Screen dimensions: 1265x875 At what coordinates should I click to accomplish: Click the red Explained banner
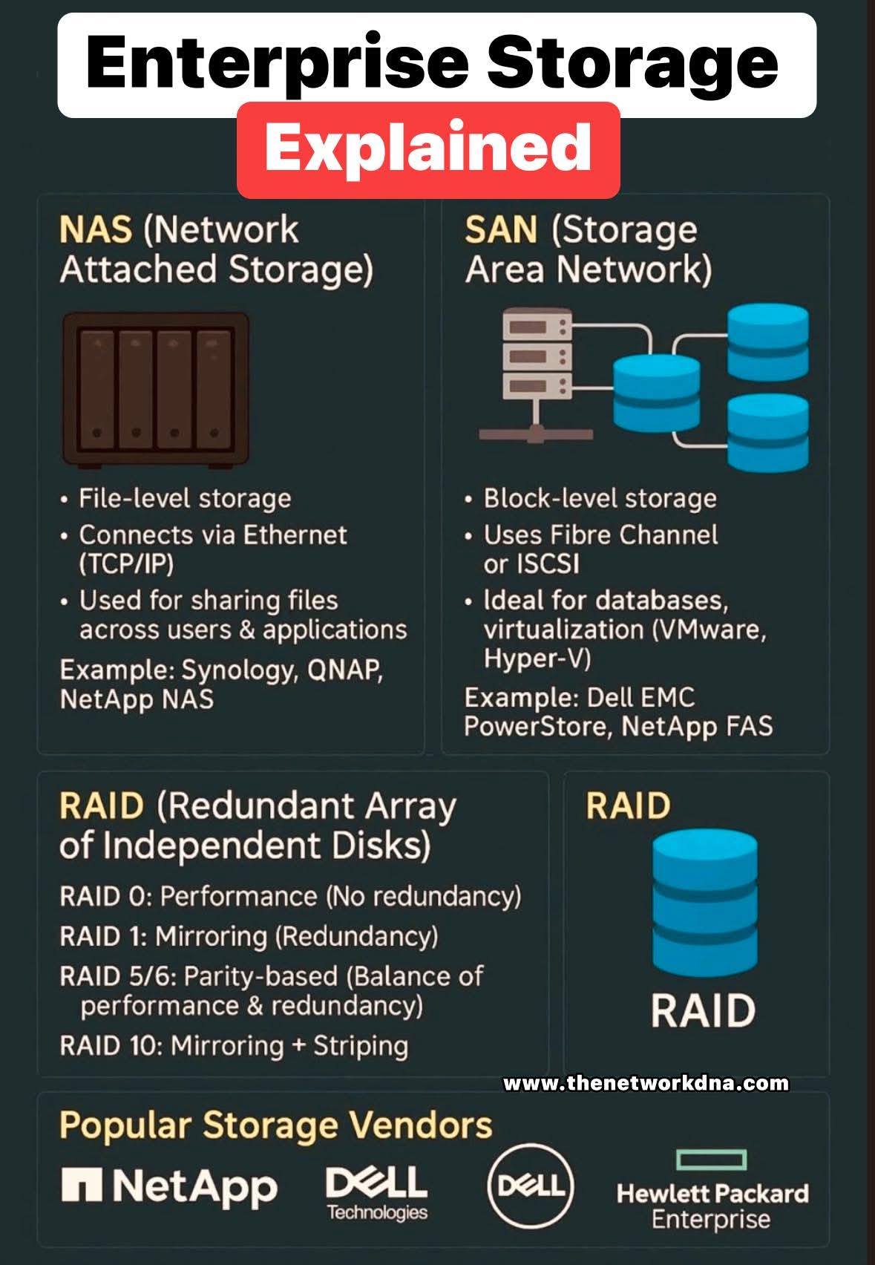(x=428, y=148)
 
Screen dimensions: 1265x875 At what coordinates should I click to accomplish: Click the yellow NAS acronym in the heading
(x=95, y=229)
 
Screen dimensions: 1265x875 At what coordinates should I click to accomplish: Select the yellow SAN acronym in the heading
(x=500, y=229)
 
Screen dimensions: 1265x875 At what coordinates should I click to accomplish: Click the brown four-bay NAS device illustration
(x=155, y=388)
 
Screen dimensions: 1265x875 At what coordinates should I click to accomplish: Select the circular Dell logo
(x=530, y=1186)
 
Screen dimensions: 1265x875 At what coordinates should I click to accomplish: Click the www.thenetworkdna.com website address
(x=646, y=1083)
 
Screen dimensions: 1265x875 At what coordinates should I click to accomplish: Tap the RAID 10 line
(x=234, y=1045)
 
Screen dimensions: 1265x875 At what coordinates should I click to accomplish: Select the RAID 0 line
(x=290, y=896)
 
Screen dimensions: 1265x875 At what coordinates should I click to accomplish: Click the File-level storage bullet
(x=184, y=498)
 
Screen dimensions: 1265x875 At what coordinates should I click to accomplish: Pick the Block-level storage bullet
(x=600, y=498)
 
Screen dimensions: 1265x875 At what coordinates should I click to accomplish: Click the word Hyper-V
(x=537, y=658)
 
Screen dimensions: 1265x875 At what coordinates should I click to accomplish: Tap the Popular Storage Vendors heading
(x=275, y=1125)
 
